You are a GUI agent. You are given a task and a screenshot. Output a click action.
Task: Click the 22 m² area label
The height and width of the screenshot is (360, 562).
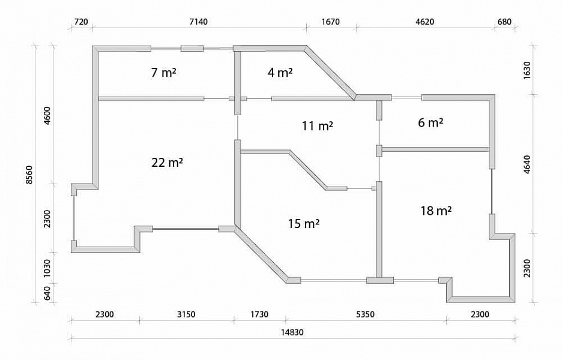pyautogui.click(x=167, y=163)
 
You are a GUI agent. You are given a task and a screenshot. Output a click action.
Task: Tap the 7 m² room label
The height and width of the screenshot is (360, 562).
pyautogui.click(x=163, y=73)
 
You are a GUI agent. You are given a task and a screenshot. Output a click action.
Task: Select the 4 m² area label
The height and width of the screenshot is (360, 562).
pyautogui.click(x=280, y=73)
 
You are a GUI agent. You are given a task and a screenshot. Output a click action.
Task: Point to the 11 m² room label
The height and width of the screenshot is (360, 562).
pyautogui.click(x=317, y=126)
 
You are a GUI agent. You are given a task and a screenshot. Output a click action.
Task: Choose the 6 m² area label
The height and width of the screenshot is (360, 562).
pyautogui.click(x=431, y=122)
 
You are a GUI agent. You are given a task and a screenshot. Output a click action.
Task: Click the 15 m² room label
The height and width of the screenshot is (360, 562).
pyautogui.click(x=304, y=224)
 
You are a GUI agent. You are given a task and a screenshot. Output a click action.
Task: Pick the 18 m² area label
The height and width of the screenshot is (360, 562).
pyautogui.click(x=436, y=211)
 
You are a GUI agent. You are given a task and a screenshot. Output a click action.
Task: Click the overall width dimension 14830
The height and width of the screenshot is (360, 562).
pyautogui.click(x=292, y=332)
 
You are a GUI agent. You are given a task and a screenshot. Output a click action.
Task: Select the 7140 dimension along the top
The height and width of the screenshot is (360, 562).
pyautogui.click(x=198, y=22)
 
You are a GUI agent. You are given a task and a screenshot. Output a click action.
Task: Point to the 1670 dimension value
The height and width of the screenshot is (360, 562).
pyautogui.click(x=330, y=22)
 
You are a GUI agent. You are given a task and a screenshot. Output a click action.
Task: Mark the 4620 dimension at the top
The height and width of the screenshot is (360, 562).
pyautogui.click(x=425, y=22)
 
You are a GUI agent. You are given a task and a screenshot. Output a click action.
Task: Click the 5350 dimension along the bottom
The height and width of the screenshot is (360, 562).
pyautogui.click(x=365, y=314)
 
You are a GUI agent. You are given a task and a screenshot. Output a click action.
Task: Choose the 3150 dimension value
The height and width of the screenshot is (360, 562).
pyautogui.click(x=186, y=314)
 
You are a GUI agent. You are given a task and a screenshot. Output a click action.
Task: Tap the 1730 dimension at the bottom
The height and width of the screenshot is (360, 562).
pyautogui.click(x=259, y=314)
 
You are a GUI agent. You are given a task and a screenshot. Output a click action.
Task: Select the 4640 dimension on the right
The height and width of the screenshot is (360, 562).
pyautogui.click(x=527, y=164)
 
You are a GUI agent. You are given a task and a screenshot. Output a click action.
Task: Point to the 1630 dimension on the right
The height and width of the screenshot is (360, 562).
pyautogui.click(x=527, y=71)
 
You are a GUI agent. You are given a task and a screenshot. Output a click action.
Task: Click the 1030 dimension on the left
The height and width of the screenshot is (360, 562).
pyautogui.click(x=47, y=268)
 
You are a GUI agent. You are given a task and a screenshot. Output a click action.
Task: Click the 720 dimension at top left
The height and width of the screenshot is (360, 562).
pyautogui.click(x=80, y=22)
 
